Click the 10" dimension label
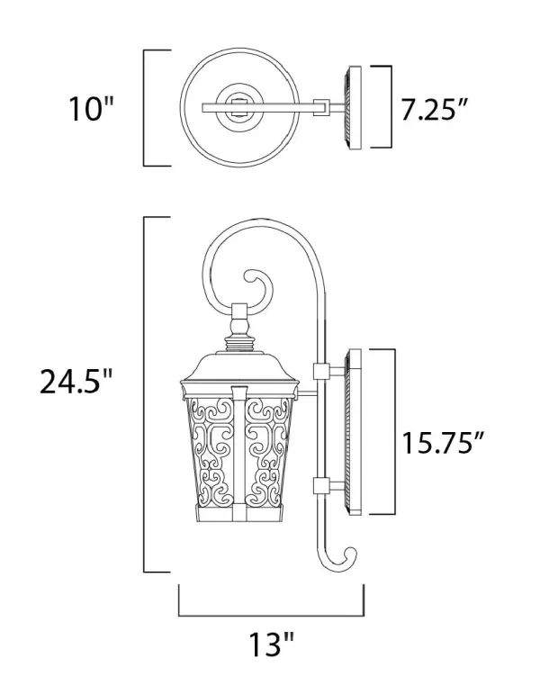point(93,109)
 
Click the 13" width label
point(271,644)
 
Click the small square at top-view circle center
point(239,108)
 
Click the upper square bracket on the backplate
point(319,370)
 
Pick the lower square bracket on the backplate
point(319,487)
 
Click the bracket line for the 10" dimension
point(147,108)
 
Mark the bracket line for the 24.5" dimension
point(147,393)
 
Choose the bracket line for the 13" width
point(271,615)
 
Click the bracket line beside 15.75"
point(393,430)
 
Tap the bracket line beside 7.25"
point(391,107)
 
